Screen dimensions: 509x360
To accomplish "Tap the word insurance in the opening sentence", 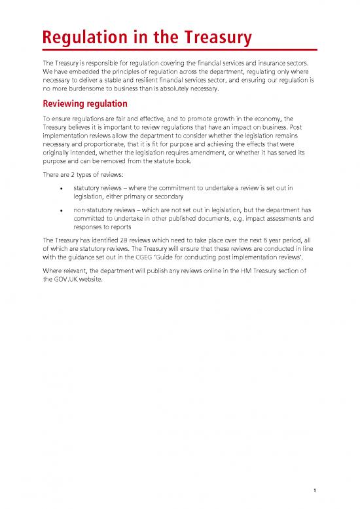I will click(282, 65).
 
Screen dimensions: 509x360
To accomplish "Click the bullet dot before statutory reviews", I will click(61, 189).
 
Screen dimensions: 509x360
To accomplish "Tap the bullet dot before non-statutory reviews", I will click(61, 212).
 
